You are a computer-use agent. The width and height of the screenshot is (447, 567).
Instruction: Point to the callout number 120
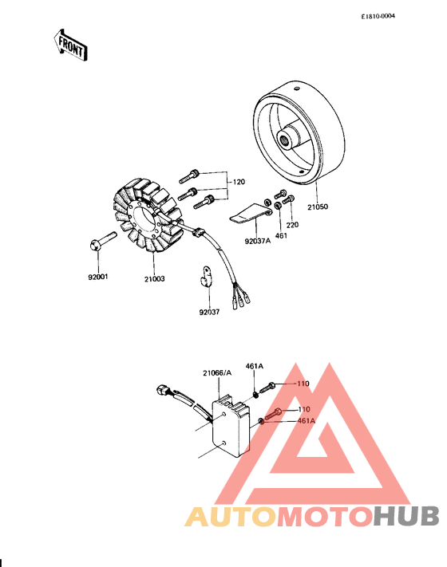[x=239, y=183]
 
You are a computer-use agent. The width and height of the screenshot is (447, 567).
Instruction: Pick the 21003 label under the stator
[x=154, y=278]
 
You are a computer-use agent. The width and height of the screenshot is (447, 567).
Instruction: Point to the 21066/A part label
[x=217, y=373]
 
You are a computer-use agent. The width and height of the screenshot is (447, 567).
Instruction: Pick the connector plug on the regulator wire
[x=164, y=391]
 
